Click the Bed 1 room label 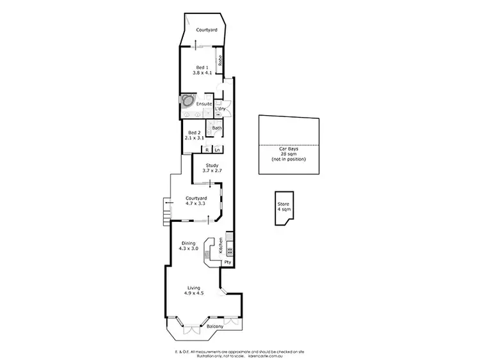(200, 67)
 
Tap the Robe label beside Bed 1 (220, 61)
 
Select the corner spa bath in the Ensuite (188, 101)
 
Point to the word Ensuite (204, 103)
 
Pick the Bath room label (217, 127)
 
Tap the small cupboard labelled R (207, 150)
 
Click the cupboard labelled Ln (218, 150)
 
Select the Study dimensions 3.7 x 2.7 (211, 171)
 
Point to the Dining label (188, 242)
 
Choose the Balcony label (215, 327)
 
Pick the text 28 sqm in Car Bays (289, 154)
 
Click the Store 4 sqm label (283, 206)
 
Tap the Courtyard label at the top (205, 30)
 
